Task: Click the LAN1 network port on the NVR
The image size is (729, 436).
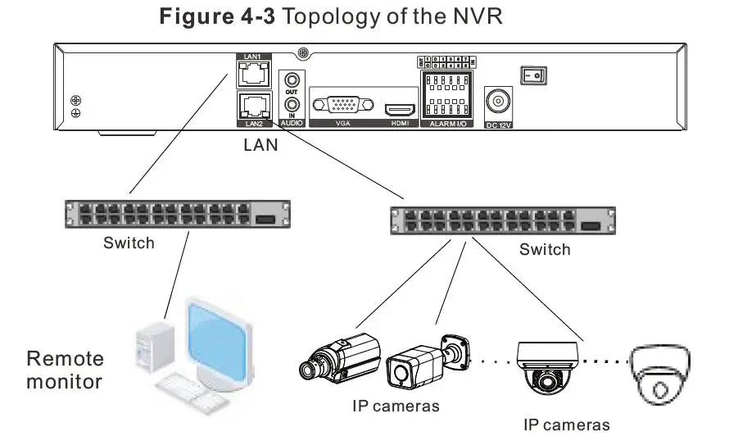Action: click(x=251, y=76)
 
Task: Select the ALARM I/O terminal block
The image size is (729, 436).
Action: click(x=443, y=95)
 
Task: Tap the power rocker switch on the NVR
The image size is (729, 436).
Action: click(x=534, y=75)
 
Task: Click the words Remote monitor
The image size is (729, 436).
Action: click(x=66, y=370)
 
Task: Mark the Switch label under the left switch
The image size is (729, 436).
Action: click(x=129, y=243)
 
